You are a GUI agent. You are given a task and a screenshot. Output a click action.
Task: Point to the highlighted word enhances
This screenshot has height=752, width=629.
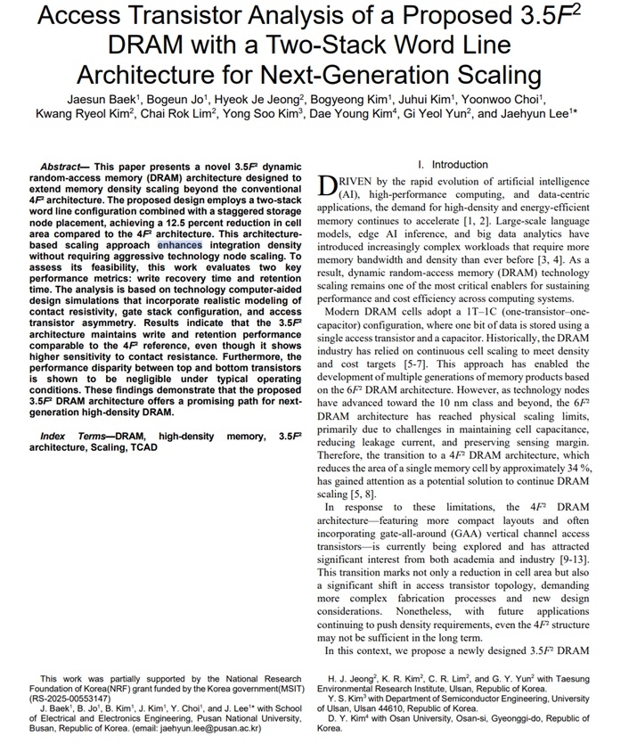[180, 244]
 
